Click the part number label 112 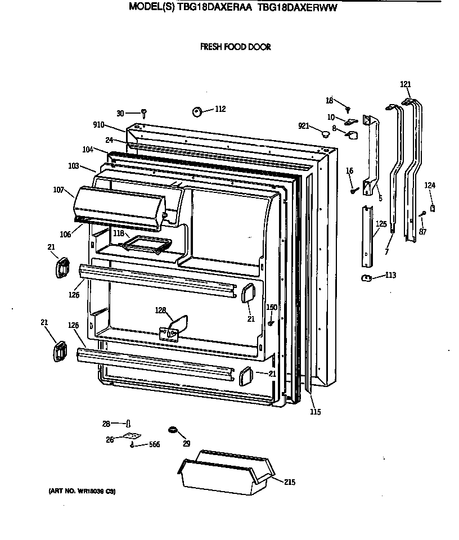tap(220, 109)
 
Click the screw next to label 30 tap(144, 113)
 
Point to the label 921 tap(304, 126)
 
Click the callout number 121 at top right tap(406, 84)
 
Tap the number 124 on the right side tap(430, 185)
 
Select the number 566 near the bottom tap(154, 444)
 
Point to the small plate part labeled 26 tap(132, 436)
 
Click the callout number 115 tap(315, 412)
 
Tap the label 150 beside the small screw tap(272, 307)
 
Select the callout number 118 tap(118, 233)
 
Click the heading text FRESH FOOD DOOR tap(235, 47)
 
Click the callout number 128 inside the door tap(161, 310)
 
